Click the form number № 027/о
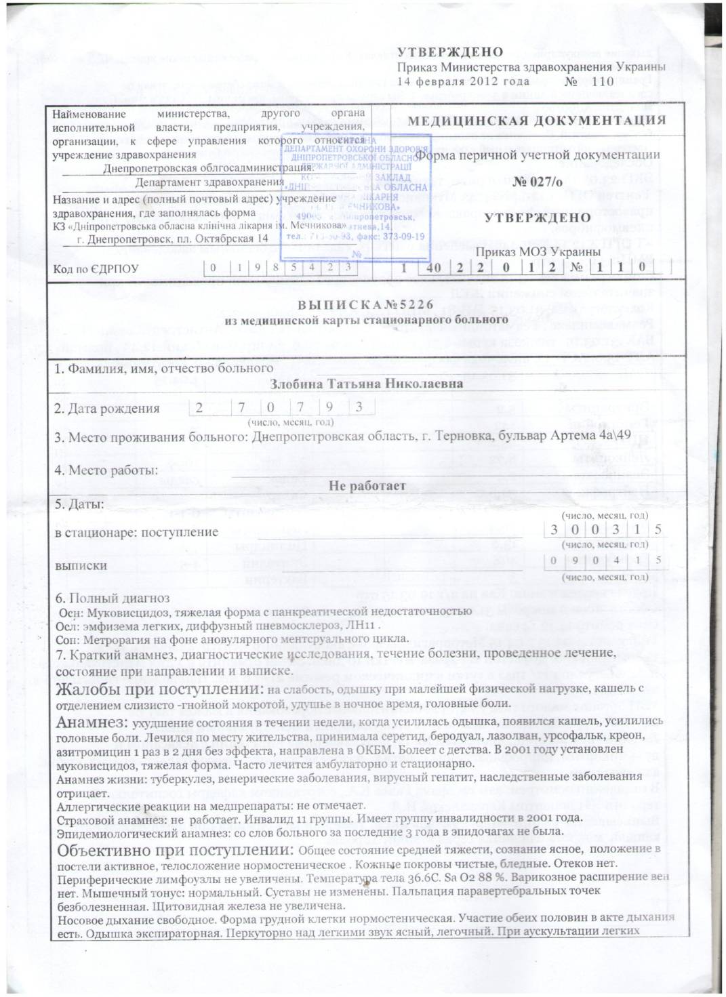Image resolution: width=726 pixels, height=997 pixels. pos(537,182)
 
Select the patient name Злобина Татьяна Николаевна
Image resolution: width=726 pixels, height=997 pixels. pos(366,384)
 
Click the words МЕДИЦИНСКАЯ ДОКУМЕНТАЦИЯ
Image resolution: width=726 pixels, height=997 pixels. pos(537,121)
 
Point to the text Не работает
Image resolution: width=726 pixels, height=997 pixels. pos(367,486)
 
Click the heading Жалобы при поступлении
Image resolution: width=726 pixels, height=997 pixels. pos(159,689)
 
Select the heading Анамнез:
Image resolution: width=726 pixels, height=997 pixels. pos(92,723)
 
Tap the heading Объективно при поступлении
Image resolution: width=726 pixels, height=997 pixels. pos(176,851)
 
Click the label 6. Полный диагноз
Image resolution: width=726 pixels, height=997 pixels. pos(113,598)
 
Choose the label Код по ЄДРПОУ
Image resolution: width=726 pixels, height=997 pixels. pos(96,269)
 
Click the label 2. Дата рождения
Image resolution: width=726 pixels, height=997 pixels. pos(107,409)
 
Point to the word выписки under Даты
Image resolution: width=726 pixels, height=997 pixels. pos(81,566)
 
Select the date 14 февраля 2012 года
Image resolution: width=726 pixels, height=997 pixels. pos(463,81)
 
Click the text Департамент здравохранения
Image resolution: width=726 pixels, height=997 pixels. pos(209,182)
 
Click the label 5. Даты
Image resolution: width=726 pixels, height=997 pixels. pos(79,504)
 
